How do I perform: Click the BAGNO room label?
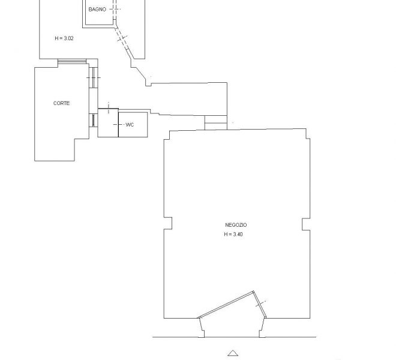pyautogui.click(x=97, y=10)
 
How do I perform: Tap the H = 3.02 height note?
pyautogui.click(x=64, y=38)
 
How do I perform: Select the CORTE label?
pyautogui.click(x=61, y=103)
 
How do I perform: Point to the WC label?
pyautogui.click(x=130, y=125)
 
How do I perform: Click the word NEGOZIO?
pyautogui.click(x=236, y=225)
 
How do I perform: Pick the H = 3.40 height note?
pyautogui.click(x=233, y=234)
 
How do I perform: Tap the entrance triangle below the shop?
pyautogui.click(x=233, y=353)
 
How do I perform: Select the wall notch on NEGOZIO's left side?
pyautogui.click(x=168, y=223)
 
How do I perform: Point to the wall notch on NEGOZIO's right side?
pyautogui.click(x=306, y=224)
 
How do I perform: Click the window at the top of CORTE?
pyautogui.click(x=72, y=61)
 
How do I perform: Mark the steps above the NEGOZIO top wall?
pyautogui.click(x=215, y=122)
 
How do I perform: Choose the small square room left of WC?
pyautogui.click(x=108, y=123)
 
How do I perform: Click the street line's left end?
pyautogui.click(x=152, y=337)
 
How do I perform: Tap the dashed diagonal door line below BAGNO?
pyautogui.click(x=122, y=39)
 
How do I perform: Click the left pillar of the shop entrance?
pyautogui.click(x=202, y=328)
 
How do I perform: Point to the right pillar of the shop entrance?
pyautogui.click(x=262, y=328)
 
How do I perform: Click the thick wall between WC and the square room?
pyautogui.click(x=118, y=123)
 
